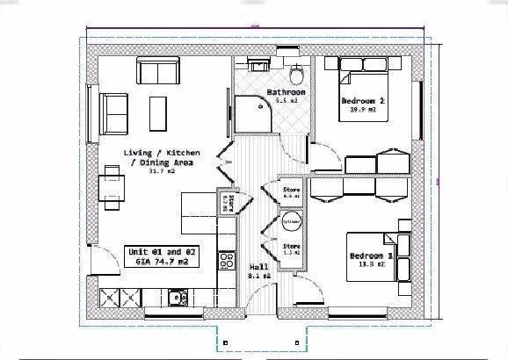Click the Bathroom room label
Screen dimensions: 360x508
pos(286,92)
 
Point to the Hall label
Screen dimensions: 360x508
pos(259,267)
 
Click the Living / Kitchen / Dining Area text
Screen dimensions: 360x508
pos(158,156)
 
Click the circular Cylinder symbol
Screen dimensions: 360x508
pos(291,221)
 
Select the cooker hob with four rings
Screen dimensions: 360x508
pos(226,260)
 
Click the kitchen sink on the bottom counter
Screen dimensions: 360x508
pos(178,298)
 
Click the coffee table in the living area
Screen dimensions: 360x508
pos(159,112)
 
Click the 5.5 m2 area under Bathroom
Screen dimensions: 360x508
pos(287,102)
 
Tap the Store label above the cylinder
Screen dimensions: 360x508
pos(292,190)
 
